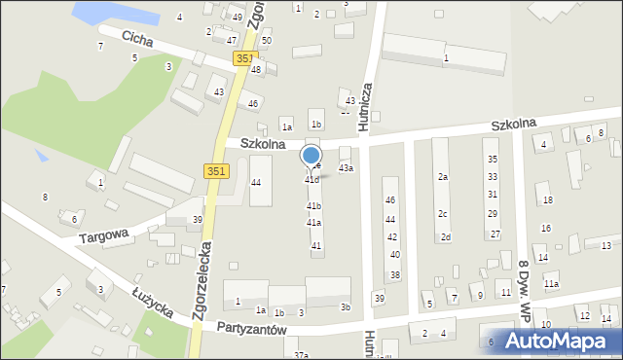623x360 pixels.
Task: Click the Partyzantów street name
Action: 251,330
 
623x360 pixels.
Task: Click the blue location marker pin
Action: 311,156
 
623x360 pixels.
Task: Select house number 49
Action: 238,18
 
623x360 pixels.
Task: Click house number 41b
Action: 313,206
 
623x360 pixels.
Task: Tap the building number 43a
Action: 346,168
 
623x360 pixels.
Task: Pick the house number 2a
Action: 442,177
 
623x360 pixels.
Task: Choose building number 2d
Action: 445,237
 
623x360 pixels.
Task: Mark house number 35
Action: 493,159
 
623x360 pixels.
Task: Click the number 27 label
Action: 495,234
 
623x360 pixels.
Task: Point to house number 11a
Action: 551,283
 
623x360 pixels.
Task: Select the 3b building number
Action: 345,307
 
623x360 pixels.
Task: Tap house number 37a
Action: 301,355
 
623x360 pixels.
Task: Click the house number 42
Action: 391,237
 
